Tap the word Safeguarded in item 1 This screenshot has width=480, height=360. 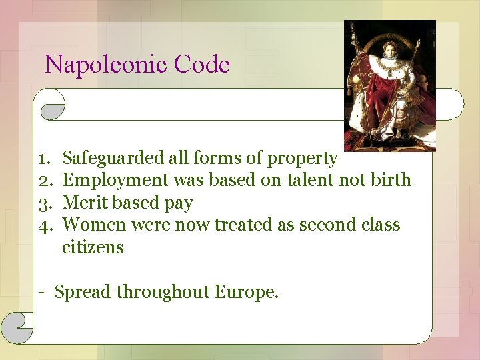(113, 158)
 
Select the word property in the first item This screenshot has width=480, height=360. (302, 159)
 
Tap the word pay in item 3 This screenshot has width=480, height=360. (178, 204)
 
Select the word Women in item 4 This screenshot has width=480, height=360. (94, 225)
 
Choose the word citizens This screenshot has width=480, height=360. (93, 247)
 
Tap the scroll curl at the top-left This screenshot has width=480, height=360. (52, 105)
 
